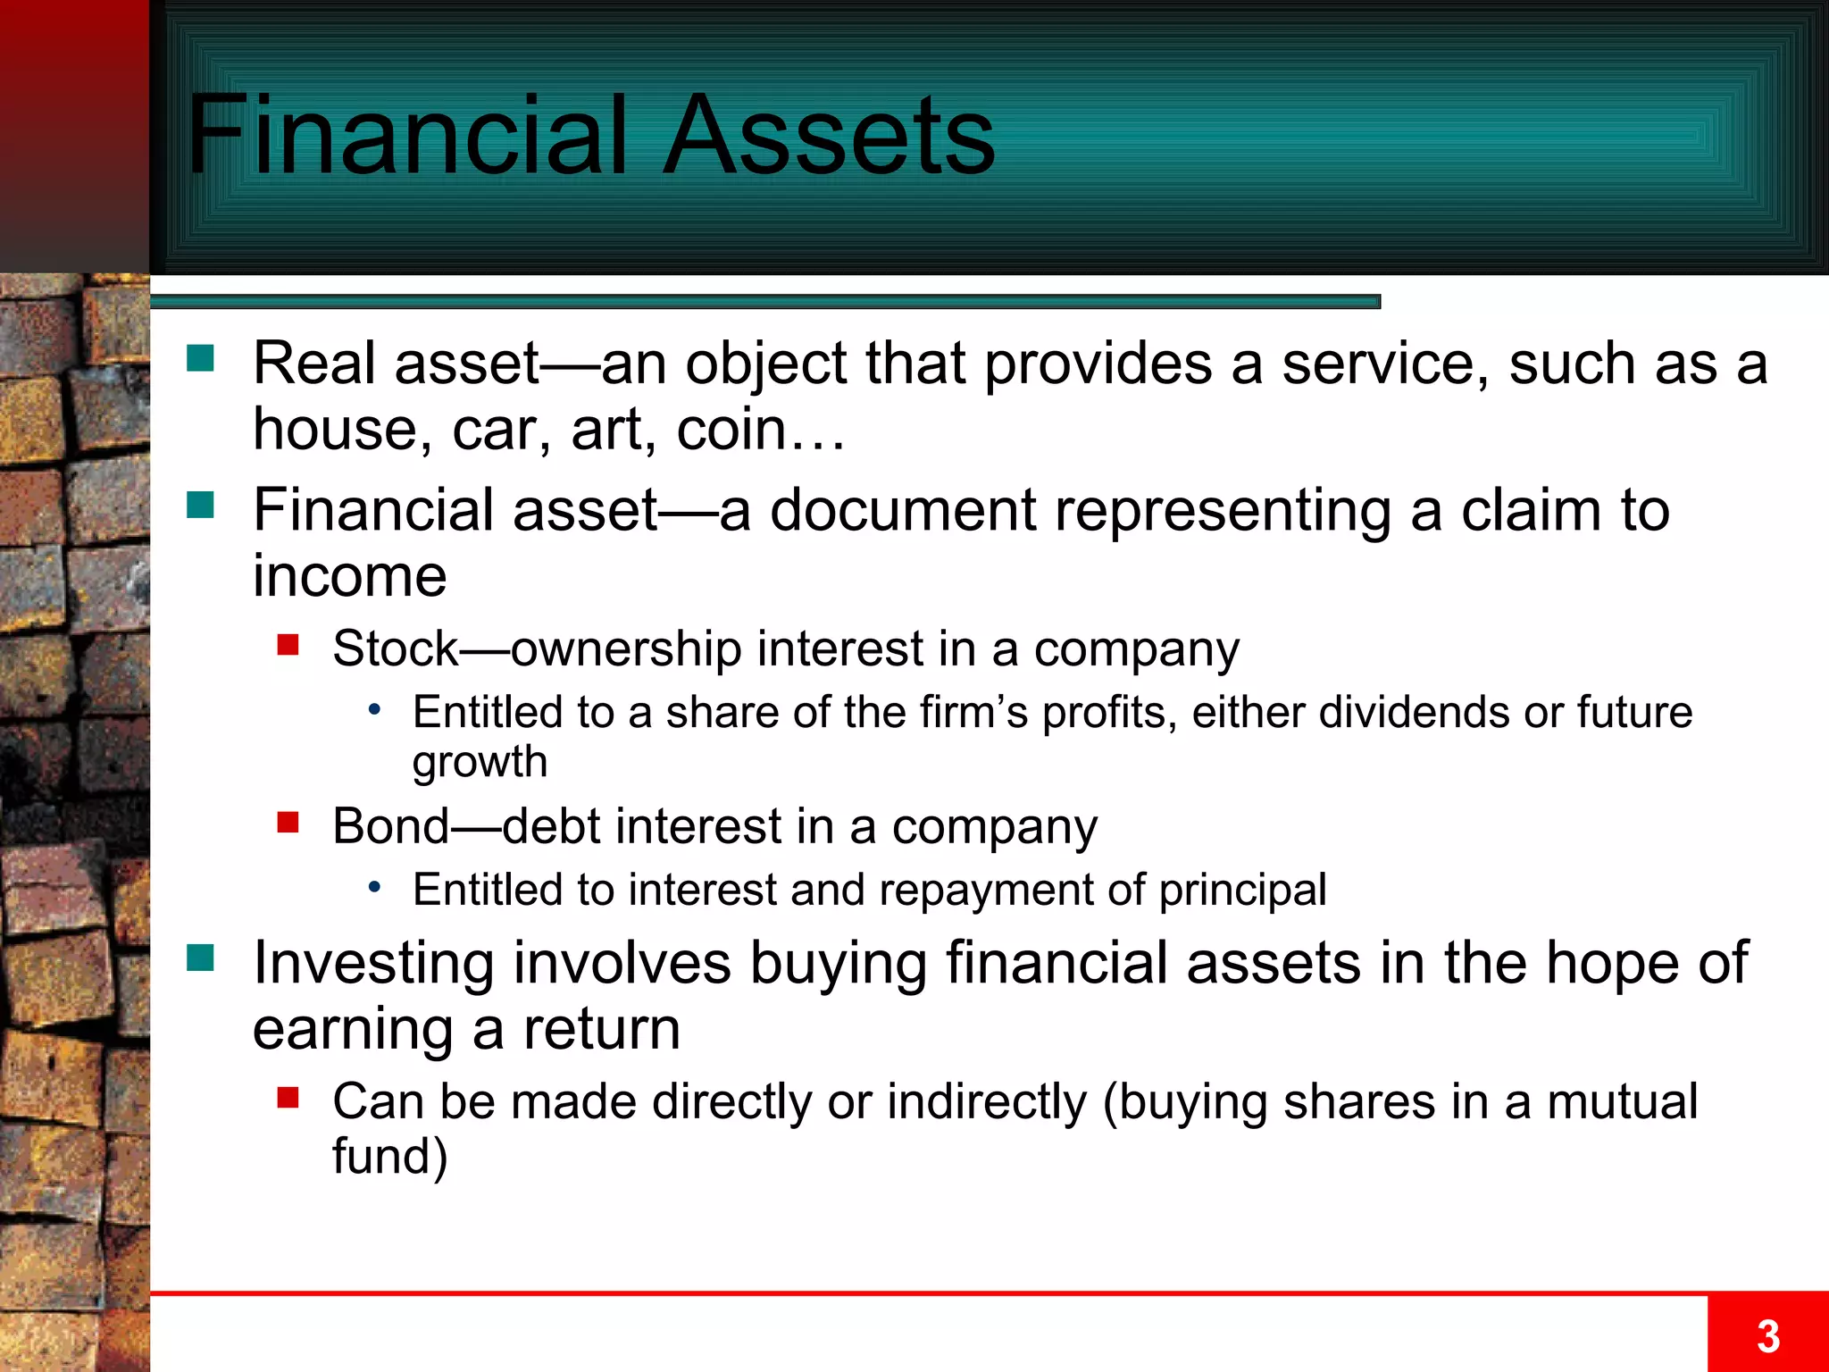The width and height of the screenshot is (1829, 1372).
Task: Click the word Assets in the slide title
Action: click(829, 137)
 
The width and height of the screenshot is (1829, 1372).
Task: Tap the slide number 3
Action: click(1767, 1336)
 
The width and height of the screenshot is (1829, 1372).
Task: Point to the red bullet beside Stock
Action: click(288, 644)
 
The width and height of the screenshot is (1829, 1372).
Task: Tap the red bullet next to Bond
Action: click(288, 822)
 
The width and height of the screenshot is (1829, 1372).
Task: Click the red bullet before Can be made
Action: click(288, 1097)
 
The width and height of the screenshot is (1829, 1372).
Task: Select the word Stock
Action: click(395, 648)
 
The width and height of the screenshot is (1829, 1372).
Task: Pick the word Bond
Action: click(390, 826)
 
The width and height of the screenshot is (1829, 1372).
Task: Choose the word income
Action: click(349, 576)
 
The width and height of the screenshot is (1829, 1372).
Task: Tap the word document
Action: click(903, 511)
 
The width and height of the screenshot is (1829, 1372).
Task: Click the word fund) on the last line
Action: click(389, 1157)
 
